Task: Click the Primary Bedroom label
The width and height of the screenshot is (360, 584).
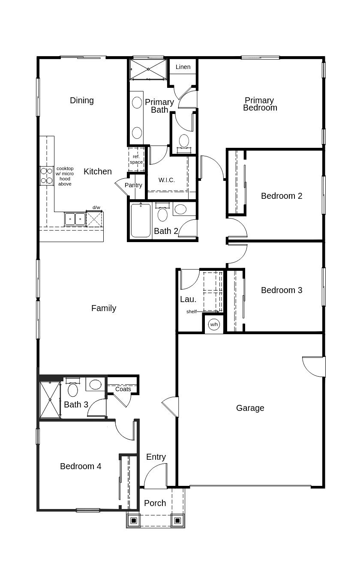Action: [x=260, y=104]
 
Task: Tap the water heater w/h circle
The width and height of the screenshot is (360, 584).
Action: [x=214, y=324]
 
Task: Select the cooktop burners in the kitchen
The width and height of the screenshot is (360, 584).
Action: [x=46, y=176]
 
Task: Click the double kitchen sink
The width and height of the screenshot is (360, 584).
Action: [x=75, y=219]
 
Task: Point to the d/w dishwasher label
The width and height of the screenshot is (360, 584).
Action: [x=96, y=208]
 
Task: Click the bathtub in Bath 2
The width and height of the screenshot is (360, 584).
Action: [x=141, y=221]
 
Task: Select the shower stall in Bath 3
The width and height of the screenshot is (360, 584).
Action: [x=50, y=399]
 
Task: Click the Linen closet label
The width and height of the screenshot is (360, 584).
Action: [x=183, y=67]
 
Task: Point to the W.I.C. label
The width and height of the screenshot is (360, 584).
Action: [x=167, y=180]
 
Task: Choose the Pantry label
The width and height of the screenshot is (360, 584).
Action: [x=133, y=185]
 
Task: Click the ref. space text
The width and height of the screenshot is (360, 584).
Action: [x=136, y=159]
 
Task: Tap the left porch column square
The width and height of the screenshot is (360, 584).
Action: [x=133, y=521]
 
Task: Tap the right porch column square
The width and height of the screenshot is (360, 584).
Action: [x=177, y=521]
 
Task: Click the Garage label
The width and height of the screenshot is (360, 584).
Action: [x=250, y=408]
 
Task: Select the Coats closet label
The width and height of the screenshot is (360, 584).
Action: [x=123, y=389]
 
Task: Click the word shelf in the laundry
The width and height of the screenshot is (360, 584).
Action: [x=192, y=311]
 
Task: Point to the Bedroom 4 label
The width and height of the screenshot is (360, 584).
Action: [x=81, y=466]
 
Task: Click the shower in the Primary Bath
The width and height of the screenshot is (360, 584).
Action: [x=148, y=69]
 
